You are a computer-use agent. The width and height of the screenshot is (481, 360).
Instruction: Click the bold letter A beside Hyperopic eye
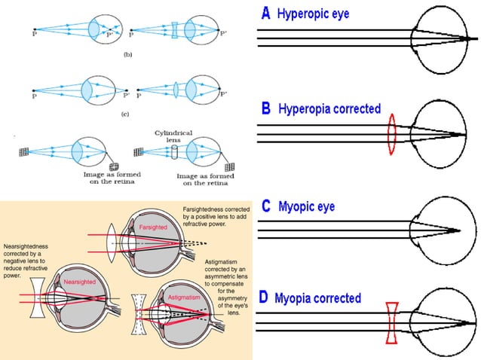tap(265, 13)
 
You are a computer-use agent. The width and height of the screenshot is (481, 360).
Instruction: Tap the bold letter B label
tap(265, 108)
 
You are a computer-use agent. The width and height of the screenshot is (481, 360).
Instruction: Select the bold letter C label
tap(265, 205)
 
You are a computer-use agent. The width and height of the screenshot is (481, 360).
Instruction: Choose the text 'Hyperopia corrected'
tap(330, 109)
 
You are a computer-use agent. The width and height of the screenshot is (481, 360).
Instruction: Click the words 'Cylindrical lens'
tap(174, 137)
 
